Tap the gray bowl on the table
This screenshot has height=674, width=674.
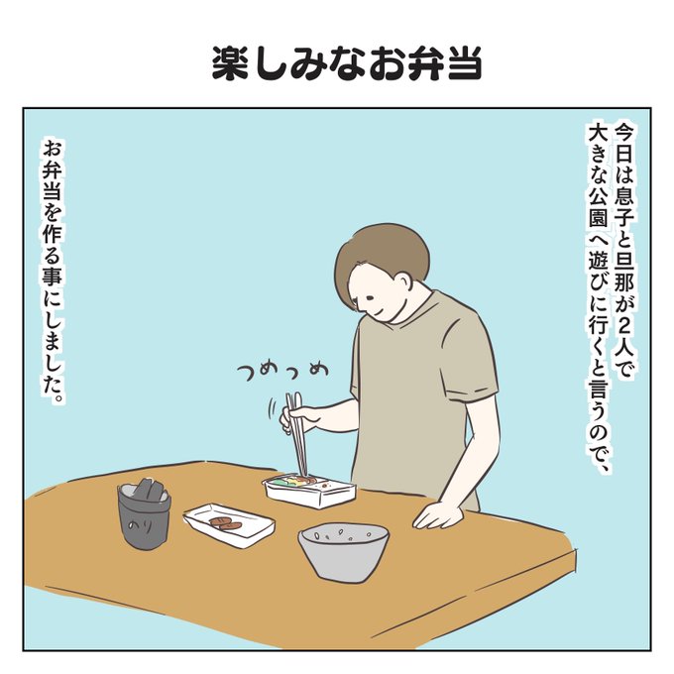click(x=344, y=552)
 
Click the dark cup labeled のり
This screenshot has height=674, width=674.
click(x=144, y=514)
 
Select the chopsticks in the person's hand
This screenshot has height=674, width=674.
click(x=296, y=433)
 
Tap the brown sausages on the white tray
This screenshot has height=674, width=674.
click(x=225, y=523)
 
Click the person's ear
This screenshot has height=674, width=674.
click(x=404, y=281)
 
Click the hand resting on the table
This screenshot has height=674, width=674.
click(x=437, y=514)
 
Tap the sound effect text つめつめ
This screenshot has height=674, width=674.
click(x=282, y=373)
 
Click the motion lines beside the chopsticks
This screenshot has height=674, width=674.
click(x=272, y=408)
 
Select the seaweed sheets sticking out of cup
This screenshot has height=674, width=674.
click(x=147, y=490)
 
